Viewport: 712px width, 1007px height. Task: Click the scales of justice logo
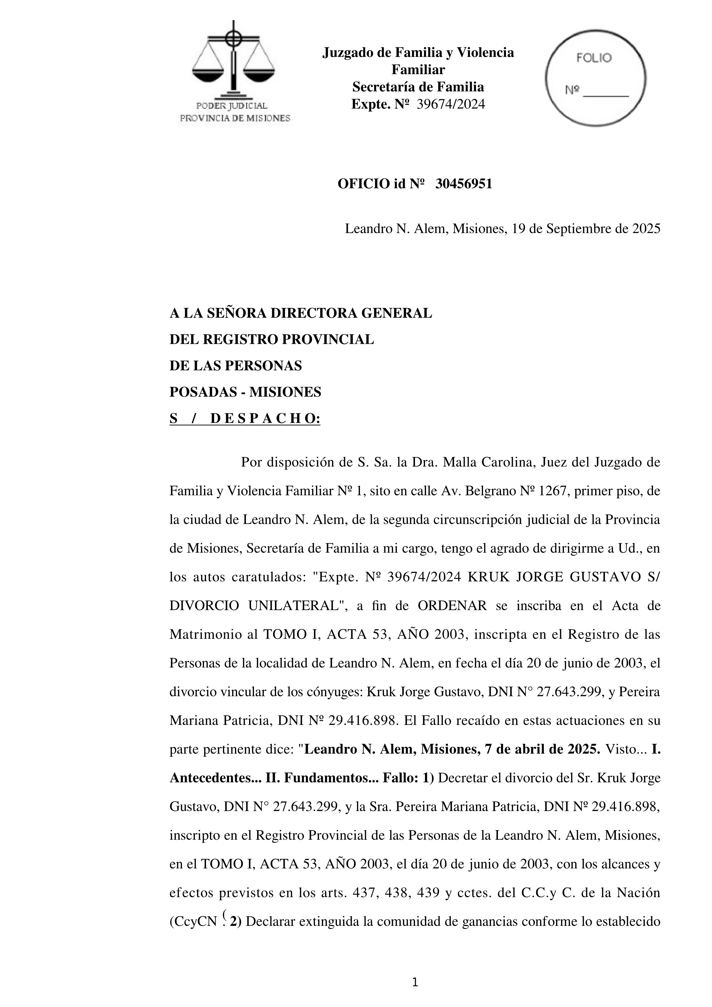point(234,61)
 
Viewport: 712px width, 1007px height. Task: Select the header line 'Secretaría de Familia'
point(418,87)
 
